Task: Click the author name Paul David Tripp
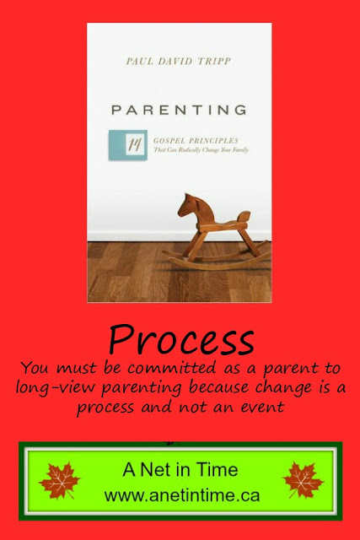pos(178,62)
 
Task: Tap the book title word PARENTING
pos(179,110)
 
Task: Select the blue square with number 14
pos(128,145)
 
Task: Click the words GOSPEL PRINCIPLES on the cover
pos(196,141)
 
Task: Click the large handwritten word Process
pos(181,339)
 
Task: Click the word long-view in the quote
pos(55,387)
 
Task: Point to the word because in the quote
pos(218,387)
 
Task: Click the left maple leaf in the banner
pos(60,480)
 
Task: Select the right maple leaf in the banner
pos(303,480)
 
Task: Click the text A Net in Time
pos(180,469)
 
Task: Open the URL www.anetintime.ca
pos(182,495)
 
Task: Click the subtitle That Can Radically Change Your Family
pos(201,150)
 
